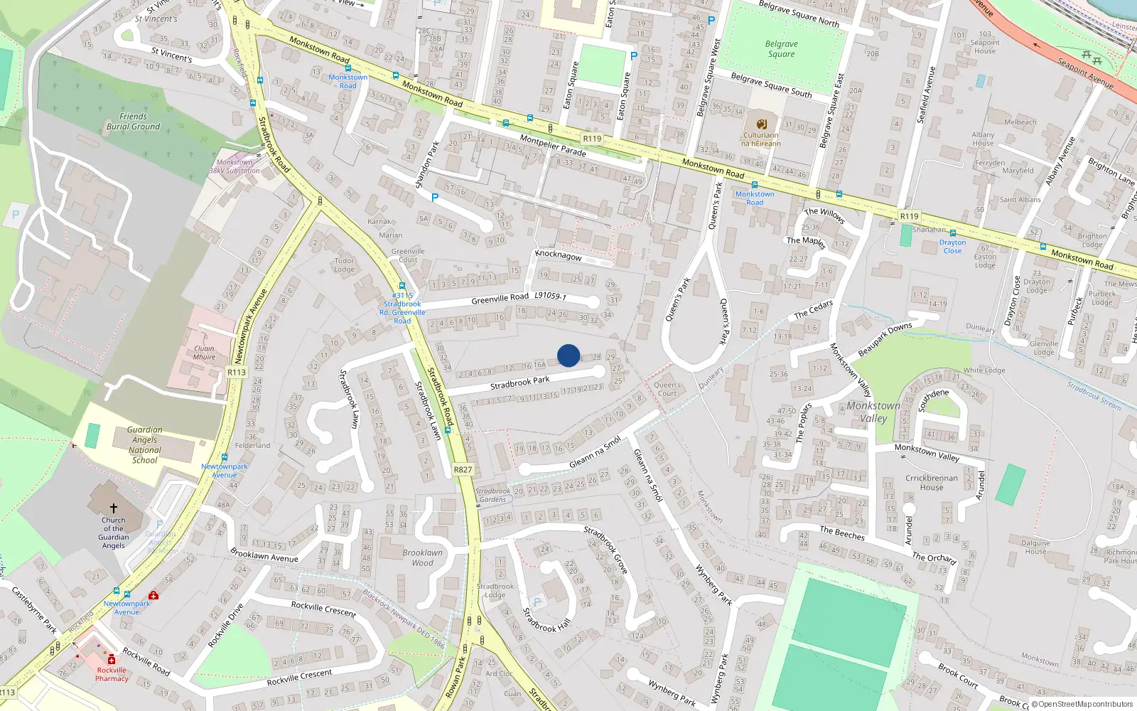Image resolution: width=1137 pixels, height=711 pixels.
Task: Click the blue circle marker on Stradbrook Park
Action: point(568,355)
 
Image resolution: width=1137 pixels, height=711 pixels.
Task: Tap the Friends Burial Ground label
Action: point(133,122)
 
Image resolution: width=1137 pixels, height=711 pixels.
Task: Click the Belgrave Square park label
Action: point(781,49)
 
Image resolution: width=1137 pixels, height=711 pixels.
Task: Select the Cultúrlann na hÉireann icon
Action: point(761,124)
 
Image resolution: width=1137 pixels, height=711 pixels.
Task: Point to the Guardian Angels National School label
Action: point(144,445)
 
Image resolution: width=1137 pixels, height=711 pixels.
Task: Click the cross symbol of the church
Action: point(113,508)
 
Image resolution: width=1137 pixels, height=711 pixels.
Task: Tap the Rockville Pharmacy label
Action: point(112,674)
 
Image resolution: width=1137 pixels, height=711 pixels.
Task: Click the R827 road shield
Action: point(463,469)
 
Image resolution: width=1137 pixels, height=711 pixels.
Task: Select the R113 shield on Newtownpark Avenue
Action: point(237,372)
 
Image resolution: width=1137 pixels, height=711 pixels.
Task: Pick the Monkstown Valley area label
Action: point(873,412)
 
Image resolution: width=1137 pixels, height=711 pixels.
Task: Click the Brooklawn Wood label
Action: point(422,557)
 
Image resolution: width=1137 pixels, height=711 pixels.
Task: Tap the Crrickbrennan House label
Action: point(931,483)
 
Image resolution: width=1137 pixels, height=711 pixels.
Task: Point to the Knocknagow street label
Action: point(559,255)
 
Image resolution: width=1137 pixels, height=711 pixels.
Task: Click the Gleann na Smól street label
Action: point(595,453)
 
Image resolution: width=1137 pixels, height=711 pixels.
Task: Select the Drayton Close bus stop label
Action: point(952,247)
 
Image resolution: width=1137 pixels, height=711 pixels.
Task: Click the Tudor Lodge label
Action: point(344,265)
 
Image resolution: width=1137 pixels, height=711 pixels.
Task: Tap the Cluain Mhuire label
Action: point(204,353)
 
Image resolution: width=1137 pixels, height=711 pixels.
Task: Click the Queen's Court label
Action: point(667,389)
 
